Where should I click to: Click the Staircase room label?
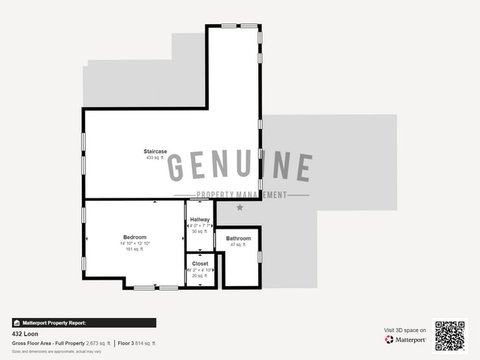click(x=155, y=151)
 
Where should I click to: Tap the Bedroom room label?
click(x=134, y=237)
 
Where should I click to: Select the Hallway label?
click(x=200, y=220)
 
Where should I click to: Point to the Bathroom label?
click(x=239, y=238)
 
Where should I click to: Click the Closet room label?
click(x=200, y=263)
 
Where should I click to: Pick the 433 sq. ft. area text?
click(x=155, y=158)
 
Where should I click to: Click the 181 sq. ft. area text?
click(x=134, y=249)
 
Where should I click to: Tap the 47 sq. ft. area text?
click(x=239, y=244)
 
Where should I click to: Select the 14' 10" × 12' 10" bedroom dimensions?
click(x=134, y=243)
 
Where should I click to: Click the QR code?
click(x=450, y=336)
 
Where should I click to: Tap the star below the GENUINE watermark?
click(x=239, y=208)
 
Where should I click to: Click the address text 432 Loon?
click(x=25, y=334)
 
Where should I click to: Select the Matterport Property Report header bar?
click(x=83, y=322)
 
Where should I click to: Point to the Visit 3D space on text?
click(x=405, y=330)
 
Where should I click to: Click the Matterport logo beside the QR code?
click(x=405, y=340)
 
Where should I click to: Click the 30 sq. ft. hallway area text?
click(x=200, y=232)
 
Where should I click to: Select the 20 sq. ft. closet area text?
click(x=200, y=276)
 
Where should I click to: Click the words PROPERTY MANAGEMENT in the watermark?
click(x=241, y=195)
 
